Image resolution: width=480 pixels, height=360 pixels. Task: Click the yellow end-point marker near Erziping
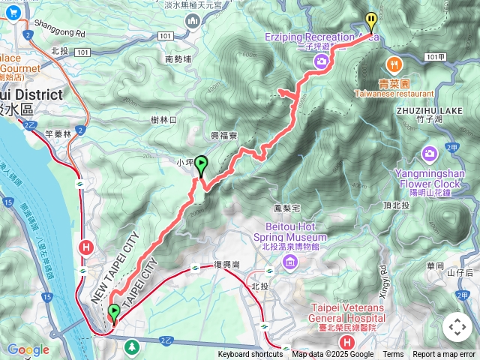(x=370, y=22)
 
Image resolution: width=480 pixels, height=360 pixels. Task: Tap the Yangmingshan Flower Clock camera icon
(x=430, y=154)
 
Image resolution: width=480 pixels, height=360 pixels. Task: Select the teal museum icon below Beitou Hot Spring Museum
(x=290, y=262)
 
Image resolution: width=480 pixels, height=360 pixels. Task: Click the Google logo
(x=28, y=349)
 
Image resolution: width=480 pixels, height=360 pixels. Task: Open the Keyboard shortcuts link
(x=250, y=355)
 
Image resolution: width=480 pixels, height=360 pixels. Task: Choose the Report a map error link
(x=445, y=355)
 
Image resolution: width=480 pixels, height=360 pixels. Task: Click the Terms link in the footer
(x=393, y=355)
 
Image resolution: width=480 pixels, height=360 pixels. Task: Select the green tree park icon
(x=133, y=346)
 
